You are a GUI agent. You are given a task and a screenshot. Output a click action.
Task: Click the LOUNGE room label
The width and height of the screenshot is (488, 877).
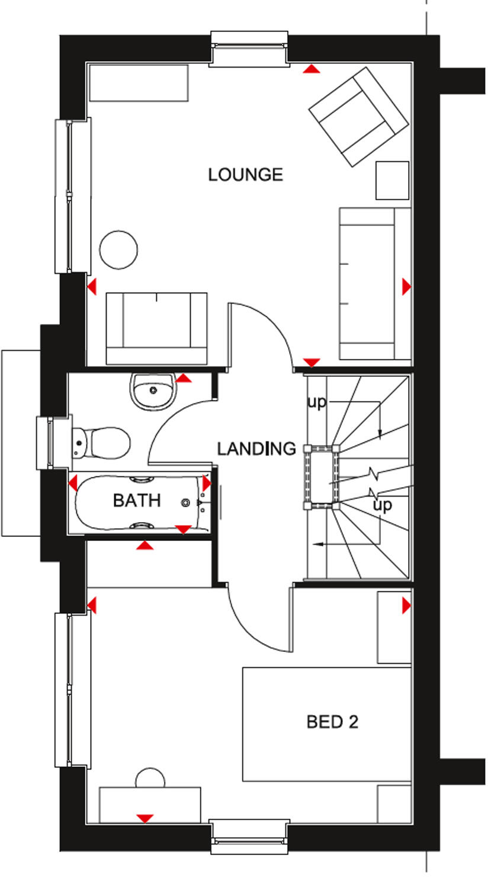click(245, 175)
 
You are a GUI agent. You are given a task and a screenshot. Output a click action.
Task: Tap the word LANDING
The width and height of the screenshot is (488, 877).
click(256, 449)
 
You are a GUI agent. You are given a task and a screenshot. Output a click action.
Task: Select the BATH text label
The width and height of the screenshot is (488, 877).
click(137, 501)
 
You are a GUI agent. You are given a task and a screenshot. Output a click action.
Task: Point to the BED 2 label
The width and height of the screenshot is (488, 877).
click(332, 722)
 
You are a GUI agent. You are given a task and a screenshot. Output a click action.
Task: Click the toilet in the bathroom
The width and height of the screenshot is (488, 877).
click(102, 442)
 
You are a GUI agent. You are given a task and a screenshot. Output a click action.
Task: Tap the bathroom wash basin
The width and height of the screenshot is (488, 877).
click(153, 391)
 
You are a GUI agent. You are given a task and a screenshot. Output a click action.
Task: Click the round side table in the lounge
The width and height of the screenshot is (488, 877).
click(119, 249)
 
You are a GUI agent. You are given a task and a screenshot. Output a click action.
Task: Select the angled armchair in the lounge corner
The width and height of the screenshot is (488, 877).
click(358, 117)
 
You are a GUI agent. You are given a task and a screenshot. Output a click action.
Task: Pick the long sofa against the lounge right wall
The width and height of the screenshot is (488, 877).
click(374, 283)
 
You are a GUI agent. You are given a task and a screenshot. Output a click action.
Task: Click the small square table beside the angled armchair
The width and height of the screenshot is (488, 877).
click(392, 180)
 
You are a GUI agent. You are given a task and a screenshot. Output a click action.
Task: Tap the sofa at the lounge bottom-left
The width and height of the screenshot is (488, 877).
click(156, 328)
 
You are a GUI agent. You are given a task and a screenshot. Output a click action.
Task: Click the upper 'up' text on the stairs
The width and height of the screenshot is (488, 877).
click(317, 402)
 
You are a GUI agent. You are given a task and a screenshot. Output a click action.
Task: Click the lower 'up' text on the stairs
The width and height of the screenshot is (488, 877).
click(382, 505)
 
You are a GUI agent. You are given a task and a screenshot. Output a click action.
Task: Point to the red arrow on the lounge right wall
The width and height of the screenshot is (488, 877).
click(406, 287)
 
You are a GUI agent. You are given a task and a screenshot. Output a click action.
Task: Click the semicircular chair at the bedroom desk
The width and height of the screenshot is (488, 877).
click(149, 778)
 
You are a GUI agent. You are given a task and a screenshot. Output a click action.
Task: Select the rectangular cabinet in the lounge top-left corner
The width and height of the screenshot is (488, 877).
click(139, 83)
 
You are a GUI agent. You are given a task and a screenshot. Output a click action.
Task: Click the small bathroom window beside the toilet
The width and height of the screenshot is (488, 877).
click(46, 443)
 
